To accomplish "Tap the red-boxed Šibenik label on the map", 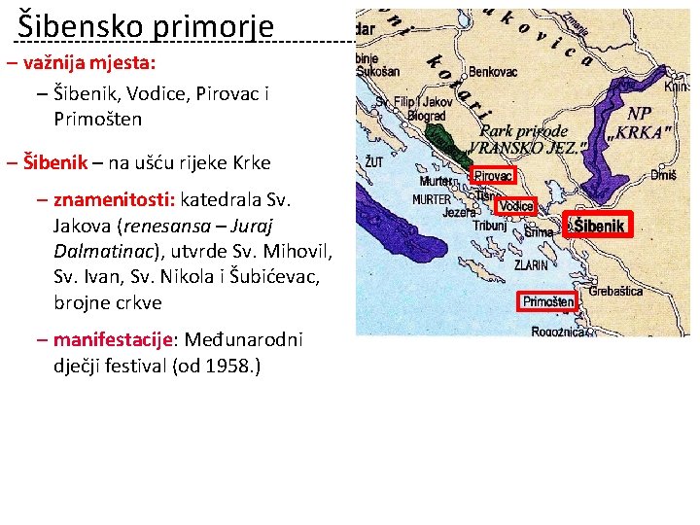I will point(598,226).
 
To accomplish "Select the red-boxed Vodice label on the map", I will point(515,206).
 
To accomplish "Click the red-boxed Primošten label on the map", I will point(548,301).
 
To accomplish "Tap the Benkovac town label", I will point(494,72).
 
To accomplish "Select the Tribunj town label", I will point(489,225).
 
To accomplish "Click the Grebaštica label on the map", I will point(615,291).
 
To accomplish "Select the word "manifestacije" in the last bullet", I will point(112,339).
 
